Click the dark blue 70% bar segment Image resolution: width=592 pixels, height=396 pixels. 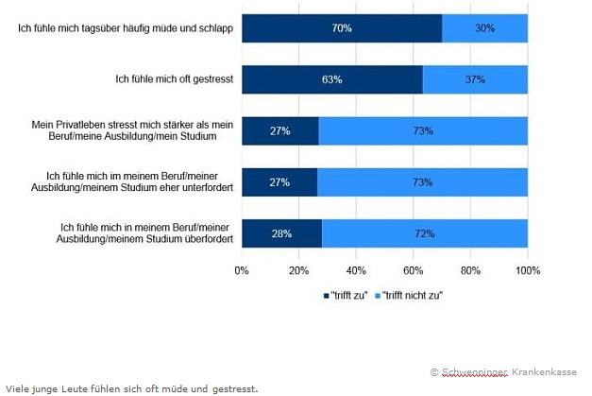point(342,28)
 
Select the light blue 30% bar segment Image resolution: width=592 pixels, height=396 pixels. point(484,28)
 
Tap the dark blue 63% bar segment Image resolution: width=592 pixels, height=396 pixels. point(331,79)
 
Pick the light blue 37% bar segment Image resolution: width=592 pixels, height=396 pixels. point(475,79)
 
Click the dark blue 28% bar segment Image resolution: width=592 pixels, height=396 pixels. point(281,232)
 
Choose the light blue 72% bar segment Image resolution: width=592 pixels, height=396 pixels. point(425,232)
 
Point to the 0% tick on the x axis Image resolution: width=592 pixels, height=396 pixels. point(242,271)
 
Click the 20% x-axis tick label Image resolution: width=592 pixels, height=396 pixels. point(298,271)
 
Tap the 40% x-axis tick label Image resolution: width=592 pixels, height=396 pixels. point(356,271)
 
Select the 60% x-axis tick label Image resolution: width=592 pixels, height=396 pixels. point(413,271)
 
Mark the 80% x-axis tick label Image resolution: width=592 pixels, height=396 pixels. point(470,271)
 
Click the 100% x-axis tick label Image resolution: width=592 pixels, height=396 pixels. point(526,271)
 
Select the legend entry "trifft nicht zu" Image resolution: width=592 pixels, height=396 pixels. point(409,295)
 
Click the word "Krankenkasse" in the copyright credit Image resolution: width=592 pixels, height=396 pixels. point(544,372)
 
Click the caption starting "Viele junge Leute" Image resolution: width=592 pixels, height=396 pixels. point(130,387)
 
